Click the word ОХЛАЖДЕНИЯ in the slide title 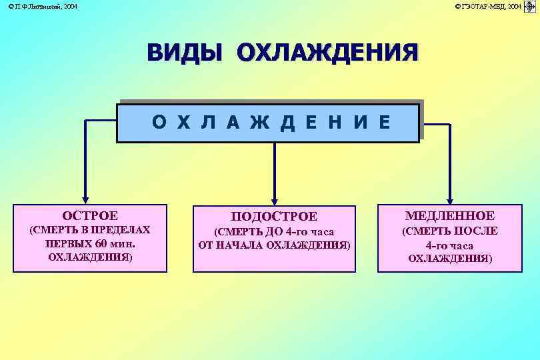[x=327, y=53]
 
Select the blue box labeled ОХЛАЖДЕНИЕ [x=268, y=122]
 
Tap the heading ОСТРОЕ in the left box [x=90, y=215]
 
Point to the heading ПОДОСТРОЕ [x=274, y=217]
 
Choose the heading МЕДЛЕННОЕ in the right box [x=450, y=215]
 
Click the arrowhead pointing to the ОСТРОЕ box [x=85, y=199]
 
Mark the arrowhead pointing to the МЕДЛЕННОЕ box [x=450, y=199]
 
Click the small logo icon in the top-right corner [x=530, y=6]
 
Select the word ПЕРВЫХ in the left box [x=66, y=243]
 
